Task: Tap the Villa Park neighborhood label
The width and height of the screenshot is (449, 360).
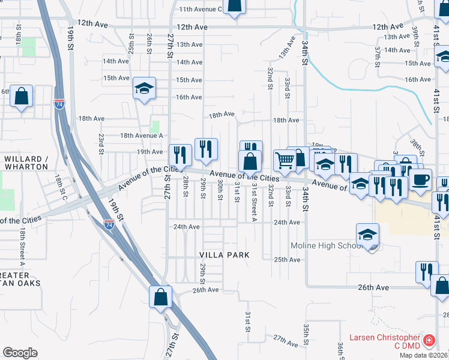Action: (x=224, y=255)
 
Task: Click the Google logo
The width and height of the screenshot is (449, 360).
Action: (x=20, y=353)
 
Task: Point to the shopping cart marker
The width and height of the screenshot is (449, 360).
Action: (x=285, y=160)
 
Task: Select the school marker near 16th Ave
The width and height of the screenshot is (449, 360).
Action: (x=145, y=88)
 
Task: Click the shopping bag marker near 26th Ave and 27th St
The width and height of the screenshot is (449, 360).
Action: (x=161, y=296)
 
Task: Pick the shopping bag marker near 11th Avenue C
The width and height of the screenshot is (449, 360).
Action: (x=235, y=5)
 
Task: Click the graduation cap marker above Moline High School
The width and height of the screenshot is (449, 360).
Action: (x=368, y=233)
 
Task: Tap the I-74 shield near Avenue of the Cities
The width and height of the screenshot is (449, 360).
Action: (x=109, y=224)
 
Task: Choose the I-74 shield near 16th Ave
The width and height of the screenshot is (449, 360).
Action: (x=59, y=103)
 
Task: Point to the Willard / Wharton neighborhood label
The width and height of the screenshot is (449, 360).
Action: (x=26, y=163)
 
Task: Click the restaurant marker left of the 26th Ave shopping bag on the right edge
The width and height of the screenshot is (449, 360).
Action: (x=426, y=271)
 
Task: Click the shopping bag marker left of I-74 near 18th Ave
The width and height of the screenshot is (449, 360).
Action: (x=22, y=96)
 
